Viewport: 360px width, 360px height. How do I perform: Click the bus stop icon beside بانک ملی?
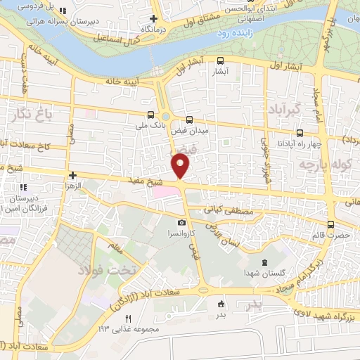click(x=150, y=114)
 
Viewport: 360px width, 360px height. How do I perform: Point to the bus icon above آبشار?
click(x=221, y=60)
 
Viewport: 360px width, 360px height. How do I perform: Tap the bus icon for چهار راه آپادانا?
click(x=300, y=132)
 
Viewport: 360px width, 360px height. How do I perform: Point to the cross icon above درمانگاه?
click(x=153, y=18)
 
